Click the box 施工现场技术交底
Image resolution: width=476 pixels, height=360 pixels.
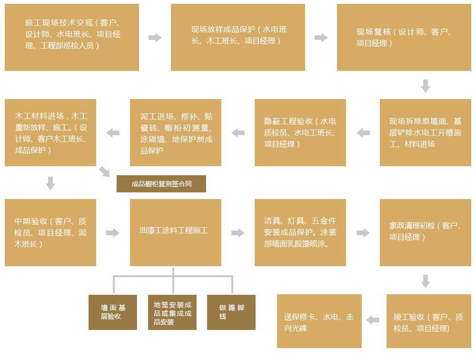[72, 37]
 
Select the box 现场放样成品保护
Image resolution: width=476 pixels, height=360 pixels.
[238, 37]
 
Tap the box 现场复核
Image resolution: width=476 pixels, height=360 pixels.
[404, 37]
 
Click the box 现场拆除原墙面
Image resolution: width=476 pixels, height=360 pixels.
[426, 132]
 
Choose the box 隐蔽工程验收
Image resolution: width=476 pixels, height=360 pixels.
[300, 132]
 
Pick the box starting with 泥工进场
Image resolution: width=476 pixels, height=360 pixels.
[176, 132]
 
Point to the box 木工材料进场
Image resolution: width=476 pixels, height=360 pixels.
[50, 132]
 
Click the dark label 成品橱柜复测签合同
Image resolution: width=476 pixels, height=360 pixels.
[161, 184]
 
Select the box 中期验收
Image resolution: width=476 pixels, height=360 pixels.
[50, 232]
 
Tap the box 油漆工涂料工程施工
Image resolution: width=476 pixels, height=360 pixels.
[176, 232]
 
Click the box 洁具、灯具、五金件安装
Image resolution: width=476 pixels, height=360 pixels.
[300, 232]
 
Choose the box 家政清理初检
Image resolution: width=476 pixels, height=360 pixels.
[426, 232]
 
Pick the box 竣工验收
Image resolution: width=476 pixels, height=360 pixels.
[429, 321]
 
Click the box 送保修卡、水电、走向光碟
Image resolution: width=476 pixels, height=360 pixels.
[319, 321]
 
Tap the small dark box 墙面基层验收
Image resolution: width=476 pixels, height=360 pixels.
[113, 312]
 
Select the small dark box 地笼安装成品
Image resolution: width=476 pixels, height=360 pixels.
[172, 312]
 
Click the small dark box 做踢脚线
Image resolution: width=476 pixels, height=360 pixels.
[231, 312]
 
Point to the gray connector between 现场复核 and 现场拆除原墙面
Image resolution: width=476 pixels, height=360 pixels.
[426, 86]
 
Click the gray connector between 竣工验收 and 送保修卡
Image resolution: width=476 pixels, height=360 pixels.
[373, 320]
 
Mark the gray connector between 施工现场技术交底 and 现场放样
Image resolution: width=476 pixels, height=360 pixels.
[155, 38]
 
